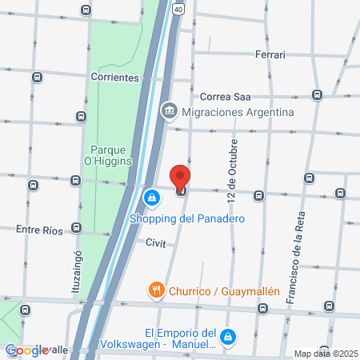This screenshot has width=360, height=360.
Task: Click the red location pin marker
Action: click(x=181, y=178)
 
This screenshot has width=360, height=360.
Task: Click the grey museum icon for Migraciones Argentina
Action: click(x=169, y=111)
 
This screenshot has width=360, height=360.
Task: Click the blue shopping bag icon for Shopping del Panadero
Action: click(x=150, y=197)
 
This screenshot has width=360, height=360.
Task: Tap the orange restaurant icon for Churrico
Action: click(x=156, y=290)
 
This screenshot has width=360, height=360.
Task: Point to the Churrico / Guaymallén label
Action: click(x=224, y=291)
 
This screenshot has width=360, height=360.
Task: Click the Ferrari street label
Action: click(x=270, y=54)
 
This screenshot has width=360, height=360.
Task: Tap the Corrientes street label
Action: click(x=115, y=78)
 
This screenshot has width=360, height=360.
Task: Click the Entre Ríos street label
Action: click(x=39, y=230)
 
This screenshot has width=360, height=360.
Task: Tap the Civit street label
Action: click(x=156, y=243)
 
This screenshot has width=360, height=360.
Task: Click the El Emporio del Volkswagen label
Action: click(x=181, y=339)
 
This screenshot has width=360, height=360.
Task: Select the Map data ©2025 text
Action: click(x=326, y=354)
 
